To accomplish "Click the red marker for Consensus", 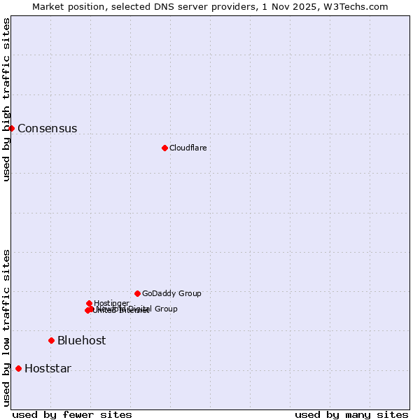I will click(x=11, y=128).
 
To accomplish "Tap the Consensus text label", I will click(x=47, y=129).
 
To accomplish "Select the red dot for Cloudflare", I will click(x=164, y=148).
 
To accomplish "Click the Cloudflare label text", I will click(x=188, y=148).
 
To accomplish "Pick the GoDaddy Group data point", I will click(x=137, y=293).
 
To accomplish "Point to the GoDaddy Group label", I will click(x=171, y=294).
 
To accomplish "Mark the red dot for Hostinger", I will click(x=89, y=303).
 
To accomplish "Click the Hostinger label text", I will click(x=111, y=303).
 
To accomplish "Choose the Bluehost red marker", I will click(x=51, y=340).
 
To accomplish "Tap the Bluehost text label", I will click(x=81, y=341).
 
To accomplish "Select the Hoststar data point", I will click(x=18, y=368).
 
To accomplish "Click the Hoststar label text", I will click(x=48, y=369).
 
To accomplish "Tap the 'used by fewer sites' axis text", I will click(x=72, y=414).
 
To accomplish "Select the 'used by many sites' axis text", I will click(x=351, y=414).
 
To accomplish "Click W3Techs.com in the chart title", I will click(x=355, y=6).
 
